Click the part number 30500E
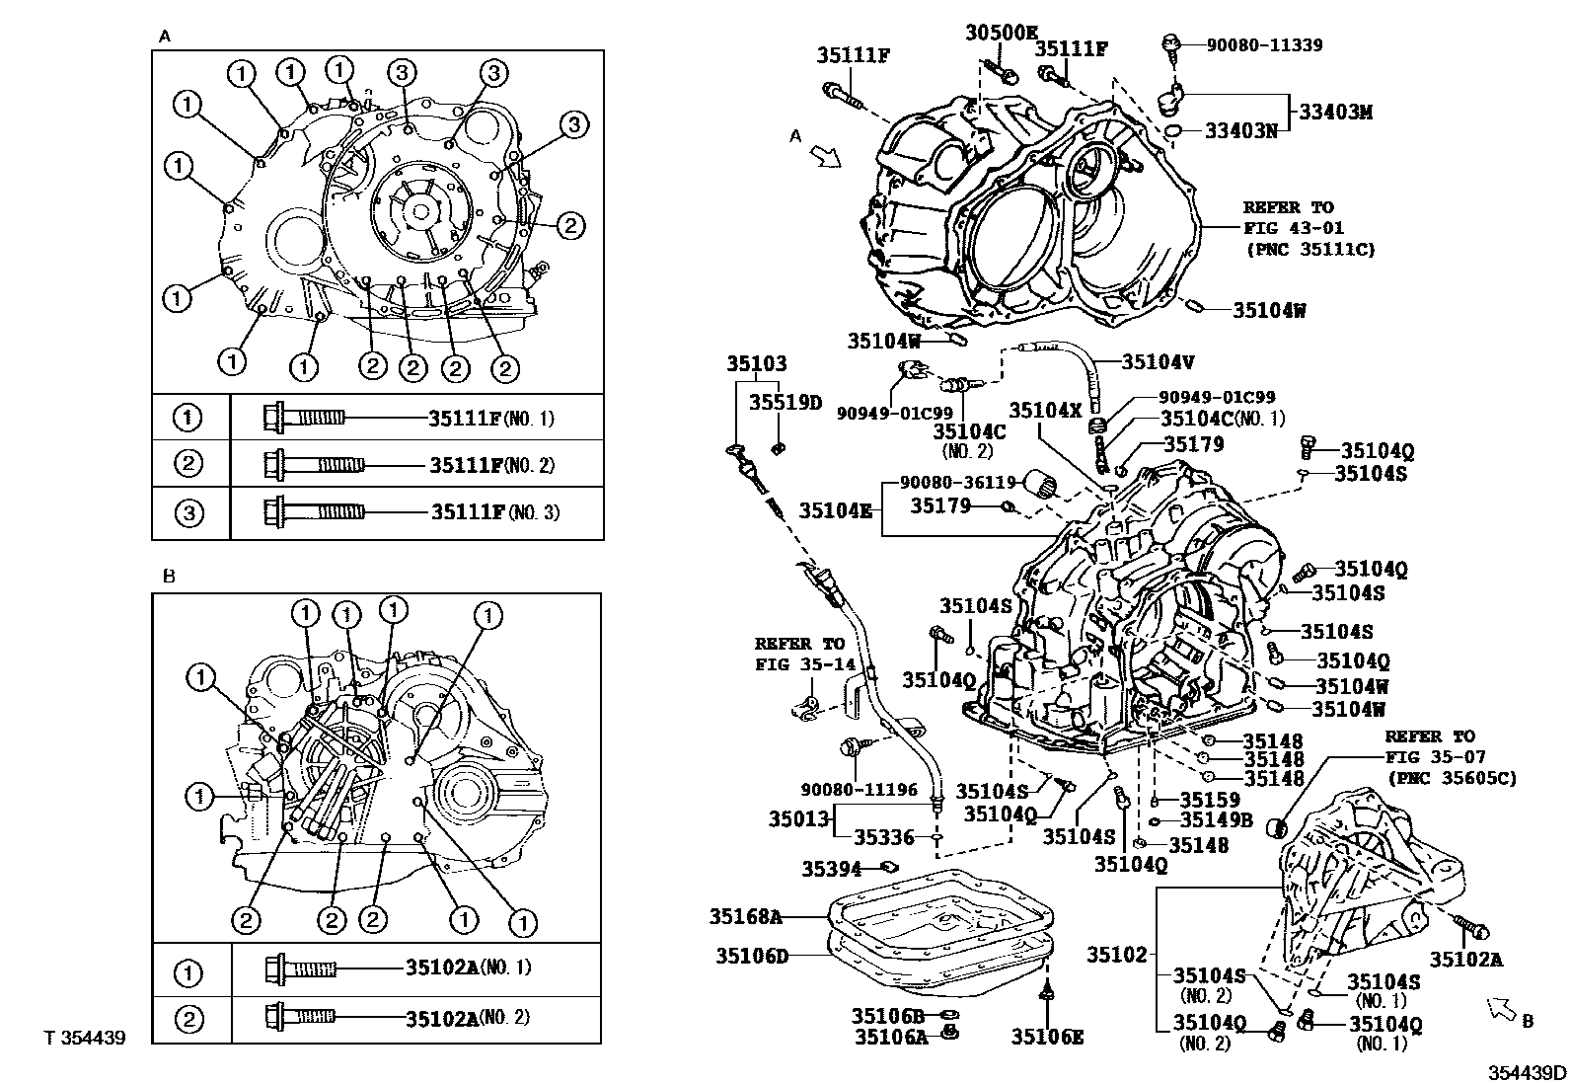[x=1003, y=32]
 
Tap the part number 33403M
[x=1335, y=113]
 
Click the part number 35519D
[x=785, y=402]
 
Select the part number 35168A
[x=745, y=916]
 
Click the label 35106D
[x=752, y=955]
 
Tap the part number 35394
[x=831, y=869]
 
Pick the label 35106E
[x=1047, y=1036]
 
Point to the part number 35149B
[x=1216, y=819]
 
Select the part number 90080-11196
[x=859, y=790]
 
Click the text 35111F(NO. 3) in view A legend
[x=494, y=512]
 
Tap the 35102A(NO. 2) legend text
[x=467, y=1016]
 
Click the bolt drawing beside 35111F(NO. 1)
[x=304, y=418]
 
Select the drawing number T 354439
[x=85, y=1039]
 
